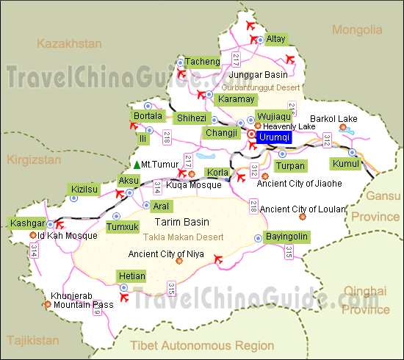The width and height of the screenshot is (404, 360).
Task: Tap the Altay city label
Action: click(x=275, y=39)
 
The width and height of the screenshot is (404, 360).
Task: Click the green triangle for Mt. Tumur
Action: click(x=137, y=164)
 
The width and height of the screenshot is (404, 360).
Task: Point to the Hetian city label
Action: click(x=131, y=276)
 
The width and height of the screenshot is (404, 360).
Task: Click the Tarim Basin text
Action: click(x=181, y=222)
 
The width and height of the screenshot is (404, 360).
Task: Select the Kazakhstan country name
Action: click(x=69, y=43)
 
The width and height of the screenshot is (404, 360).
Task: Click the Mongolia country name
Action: click(x=357, y=30)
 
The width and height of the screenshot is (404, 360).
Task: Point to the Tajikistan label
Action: click(x=32, y=340)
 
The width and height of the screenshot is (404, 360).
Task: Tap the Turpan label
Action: click(x=291, y=166)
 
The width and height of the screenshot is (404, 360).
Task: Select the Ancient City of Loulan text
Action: click(x=303, y=209)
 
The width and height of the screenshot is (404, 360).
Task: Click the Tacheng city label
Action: click(x=202, y=62)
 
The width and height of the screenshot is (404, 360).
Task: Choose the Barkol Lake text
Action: click(x=333, y=118)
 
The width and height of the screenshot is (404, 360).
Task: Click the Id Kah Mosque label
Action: click(x=67, y=236)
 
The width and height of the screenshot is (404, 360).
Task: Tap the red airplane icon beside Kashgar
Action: click(x=59, y=223)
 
